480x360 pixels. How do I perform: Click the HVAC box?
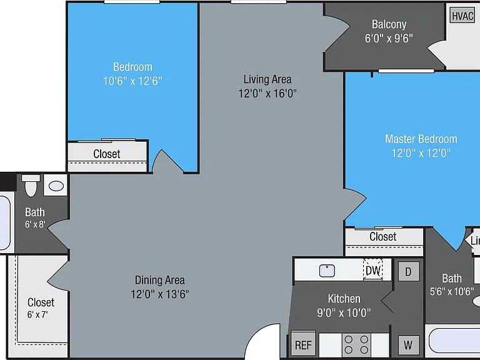[x=462, y=16]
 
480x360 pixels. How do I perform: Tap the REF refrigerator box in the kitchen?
[x=303, y=345]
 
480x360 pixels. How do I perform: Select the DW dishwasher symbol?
[x=373, y=270]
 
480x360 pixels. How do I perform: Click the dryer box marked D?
[x=408, y=271]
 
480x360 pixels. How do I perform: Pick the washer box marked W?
[x=408, y=345]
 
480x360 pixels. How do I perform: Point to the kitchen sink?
[x=327, y=271]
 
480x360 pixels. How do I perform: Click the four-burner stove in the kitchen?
[x=356, y=345]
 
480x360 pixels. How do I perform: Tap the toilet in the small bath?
[x=31, y=186]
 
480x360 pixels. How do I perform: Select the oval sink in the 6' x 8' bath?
[x=56, y=186]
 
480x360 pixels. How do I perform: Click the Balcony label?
[x=389, y=24]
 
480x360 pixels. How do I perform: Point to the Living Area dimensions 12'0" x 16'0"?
[x=267, y=93]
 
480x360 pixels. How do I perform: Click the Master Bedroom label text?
[x=421, y=139]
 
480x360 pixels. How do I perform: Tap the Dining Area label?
[x=160, y=280]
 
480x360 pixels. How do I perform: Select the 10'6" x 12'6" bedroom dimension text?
[x=132, y=81]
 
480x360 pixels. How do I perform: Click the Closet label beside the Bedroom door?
[x=107, y=154]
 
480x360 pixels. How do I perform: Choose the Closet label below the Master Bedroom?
[x=383, y=237]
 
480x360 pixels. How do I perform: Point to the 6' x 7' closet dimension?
[x=37, y=314]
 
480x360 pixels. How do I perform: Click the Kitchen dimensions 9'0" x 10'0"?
[x=344, y=312]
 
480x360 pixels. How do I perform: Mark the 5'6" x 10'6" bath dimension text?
[x=452, y=291]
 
